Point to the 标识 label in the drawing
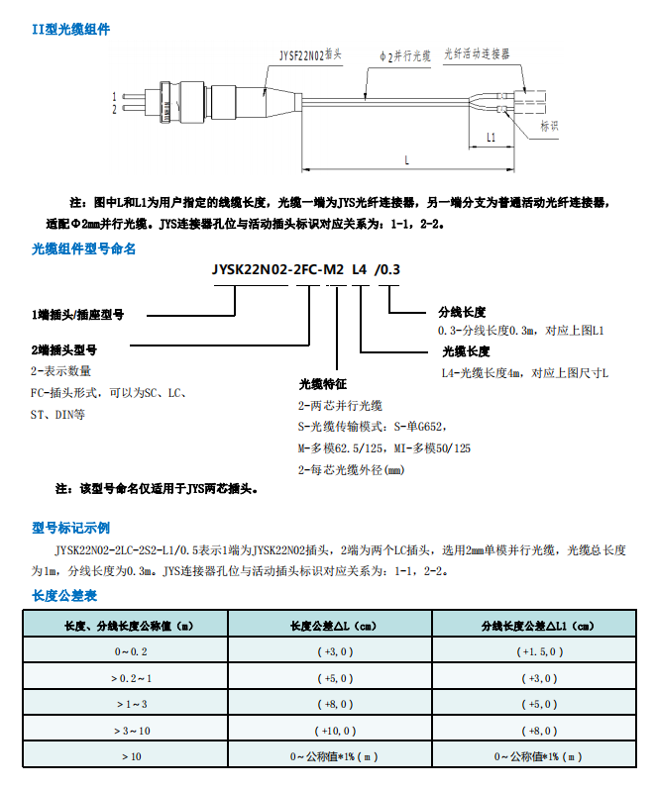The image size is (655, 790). (549, 126)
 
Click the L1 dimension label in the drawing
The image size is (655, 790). (491, 136)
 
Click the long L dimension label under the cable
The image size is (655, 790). (405, 158)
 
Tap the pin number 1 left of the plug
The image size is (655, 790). (115, 97)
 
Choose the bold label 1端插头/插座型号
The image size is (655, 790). (77, 315)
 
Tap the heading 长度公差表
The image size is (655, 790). (64, 596)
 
